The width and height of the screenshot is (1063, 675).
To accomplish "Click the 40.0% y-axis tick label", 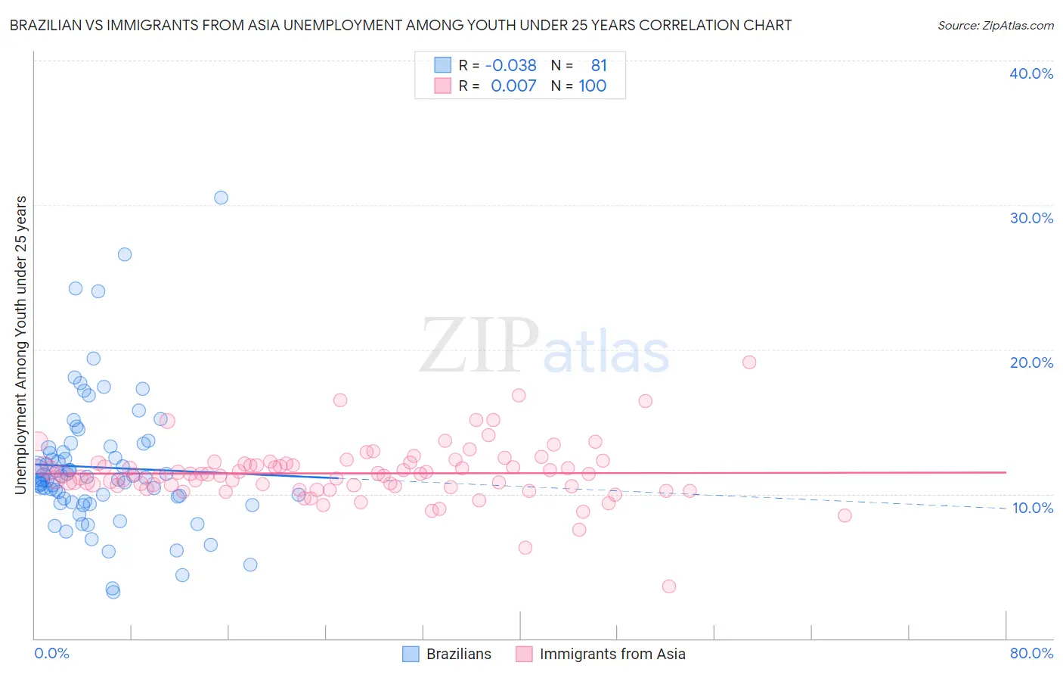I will coord(1031,73).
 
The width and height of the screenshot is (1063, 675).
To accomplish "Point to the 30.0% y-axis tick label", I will coord(1031,218).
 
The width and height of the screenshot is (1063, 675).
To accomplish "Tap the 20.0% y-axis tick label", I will coord(1031,362).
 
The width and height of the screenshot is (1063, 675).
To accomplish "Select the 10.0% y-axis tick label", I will coord(1032,508).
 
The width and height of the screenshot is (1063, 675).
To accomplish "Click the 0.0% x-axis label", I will coord(51,653).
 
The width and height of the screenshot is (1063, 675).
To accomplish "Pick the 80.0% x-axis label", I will coord(1031,653).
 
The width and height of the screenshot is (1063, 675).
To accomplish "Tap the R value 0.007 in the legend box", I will coord(513,86).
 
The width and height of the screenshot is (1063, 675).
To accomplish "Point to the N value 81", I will coord(599,65).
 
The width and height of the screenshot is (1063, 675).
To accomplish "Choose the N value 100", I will coord(593,86).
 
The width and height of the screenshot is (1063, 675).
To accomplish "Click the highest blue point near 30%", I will coord(221,198).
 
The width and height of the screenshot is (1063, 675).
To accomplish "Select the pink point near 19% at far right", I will coord(749,362).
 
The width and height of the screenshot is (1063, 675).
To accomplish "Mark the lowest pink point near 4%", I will coord(668,586).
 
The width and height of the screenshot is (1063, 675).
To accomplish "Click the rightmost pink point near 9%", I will coord(845,515).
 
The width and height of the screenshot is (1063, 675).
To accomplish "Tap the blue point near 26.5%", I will coord(125,254).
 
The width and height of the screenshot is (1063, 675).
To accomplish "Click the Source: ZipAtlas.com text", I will coord(995,25).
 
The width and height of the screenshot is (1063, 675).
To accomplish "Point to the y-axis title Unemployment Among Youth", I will coord(20,344).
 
